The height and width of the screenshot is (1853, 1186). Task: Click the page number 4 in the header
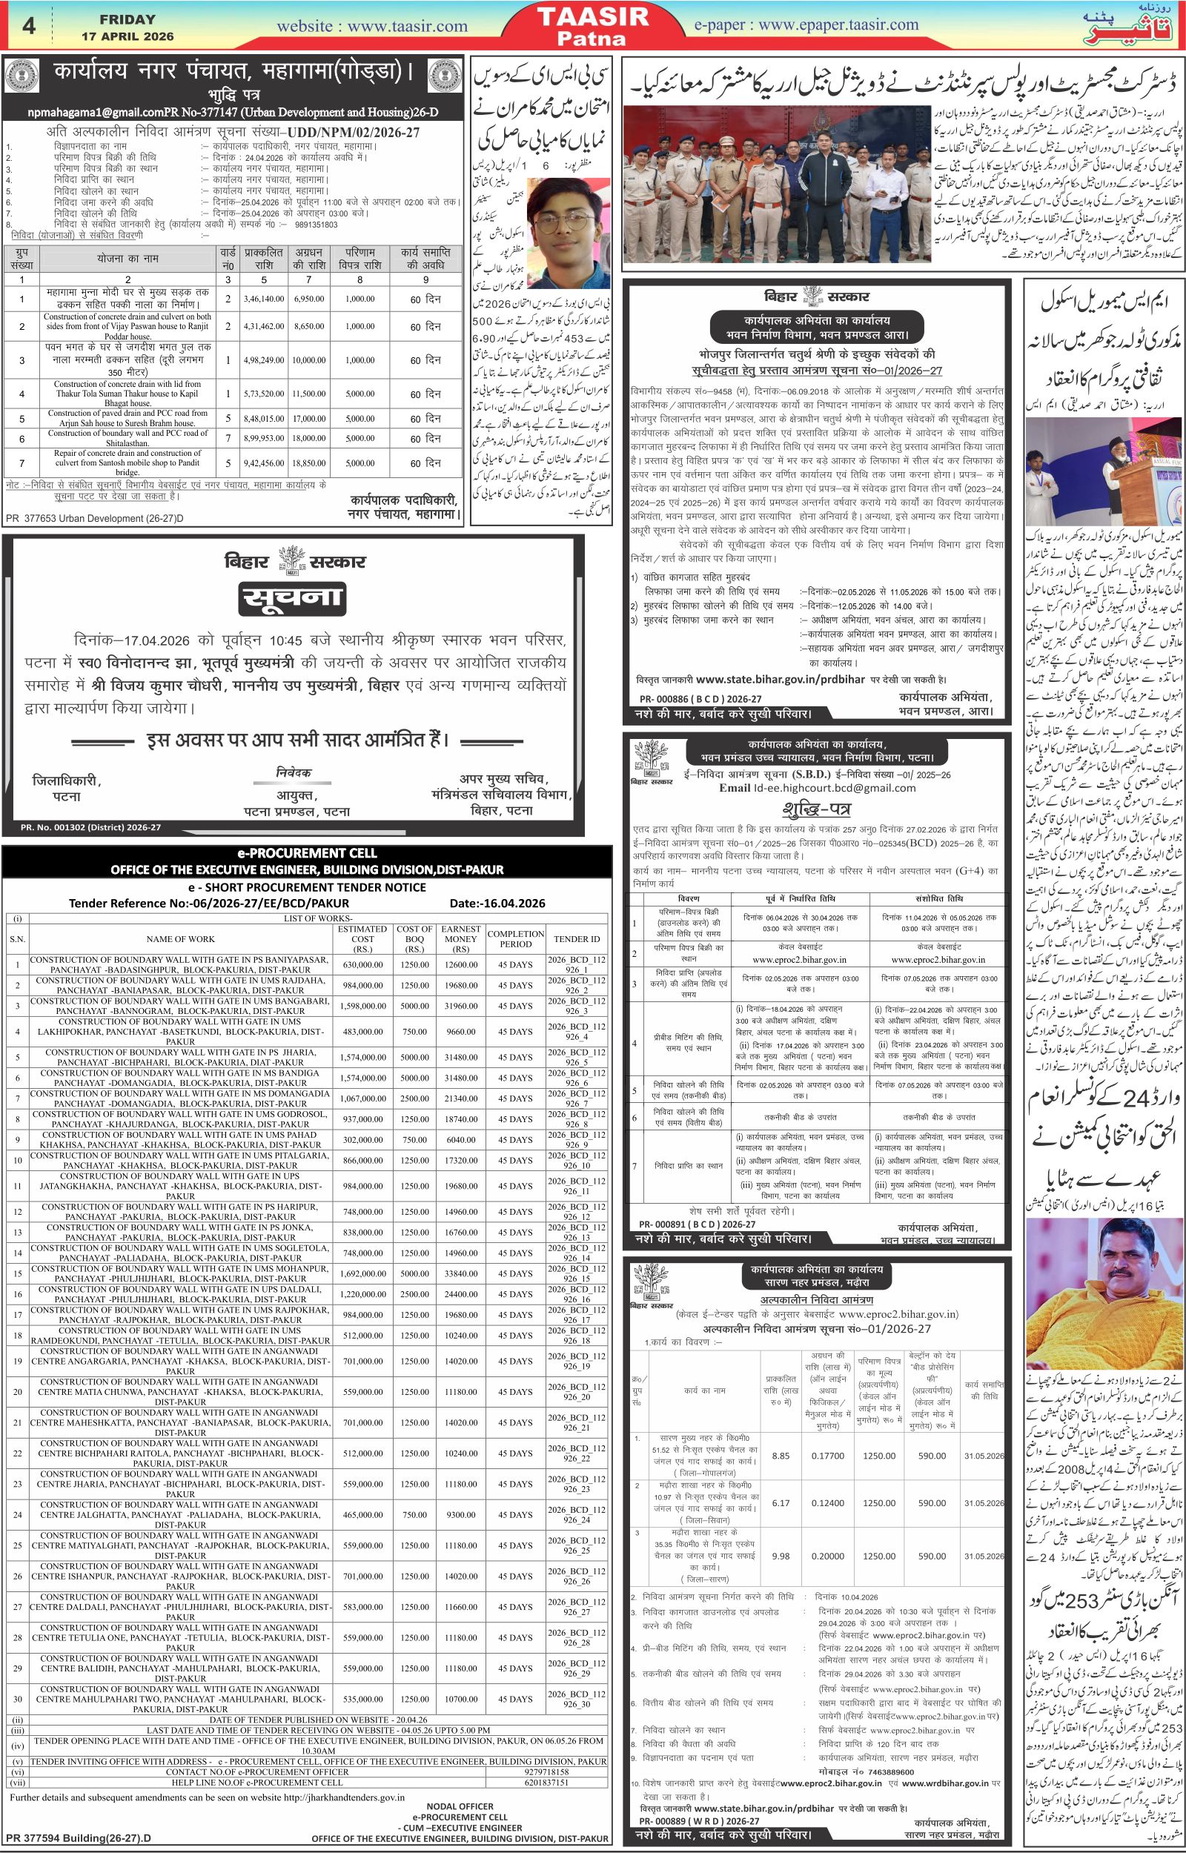click(x=28, y=25)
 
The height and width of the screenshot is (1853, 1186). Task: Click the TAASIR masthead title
click(x=592, y=17)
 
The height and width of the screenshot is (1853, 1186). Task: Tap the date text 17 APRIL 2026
click(x=127, y=36)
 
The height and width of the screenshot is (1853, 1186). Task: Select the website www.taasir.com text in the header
click(x=372, y=26)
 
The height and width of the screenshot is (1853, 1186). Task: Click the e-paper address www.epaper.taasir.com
click(x=806, y=25)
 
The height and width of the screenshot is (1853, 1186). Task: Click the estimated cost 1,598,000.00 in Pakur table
click(x=362, y=1005)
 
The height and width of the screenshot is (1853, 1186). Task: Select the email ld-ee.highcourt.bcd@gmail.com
click(x=817, y=788)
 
